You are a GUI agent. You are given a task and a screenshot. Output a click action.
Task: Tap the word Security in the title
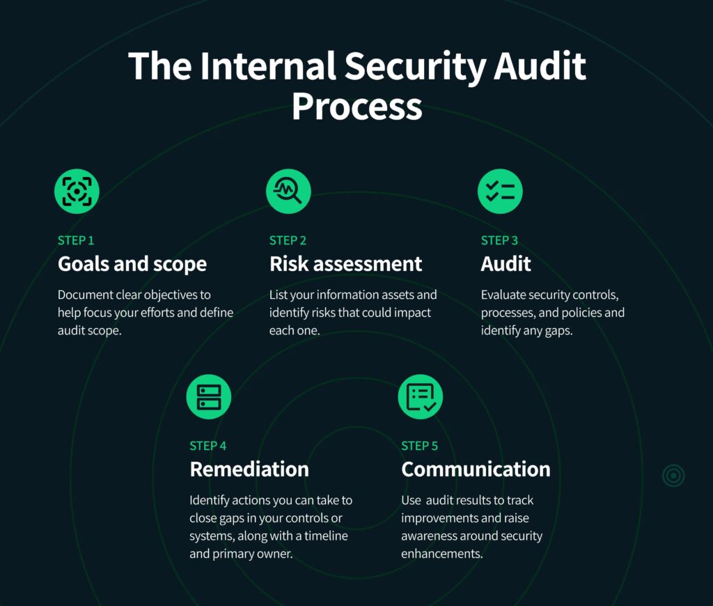415,68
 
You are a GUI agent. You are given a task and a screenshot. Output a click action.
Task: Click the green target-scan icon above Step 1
77,191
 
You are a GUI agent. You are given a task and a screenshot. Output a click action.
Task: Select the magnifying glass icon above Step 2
288,191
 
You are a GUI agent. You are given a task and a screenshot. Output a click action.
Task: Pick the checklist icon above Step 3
500,191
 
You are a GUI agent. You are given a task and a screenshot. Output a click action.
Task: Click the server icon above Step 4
209,397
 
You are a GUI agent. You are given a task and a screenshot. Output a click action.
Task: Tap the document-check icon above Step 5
421,397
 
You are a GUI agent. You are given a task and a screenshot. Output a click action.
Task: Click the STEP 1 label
76,240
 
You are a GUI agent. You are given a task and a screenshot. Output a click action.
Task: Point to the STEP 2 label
288,240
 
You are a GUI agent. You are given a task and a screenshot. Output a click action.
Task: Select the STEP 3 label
499,240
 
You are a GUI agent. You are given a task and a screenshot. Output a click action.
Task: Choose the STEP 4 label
207,446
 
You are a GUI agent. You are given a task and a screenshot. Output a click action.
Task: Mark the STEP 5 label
419,446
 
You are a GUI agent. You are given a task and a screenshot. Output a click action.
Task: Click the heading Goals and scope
132,265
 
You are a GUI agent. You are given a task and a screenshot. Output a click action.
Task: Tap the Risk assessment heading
345,264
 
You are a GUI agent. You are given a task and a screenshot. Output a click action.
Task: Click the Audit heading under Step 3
506,264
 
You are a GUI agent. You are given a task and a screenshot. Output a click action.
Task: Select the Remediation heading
249,469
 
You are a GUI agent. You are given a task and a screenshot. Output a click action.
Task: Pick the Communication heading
476,469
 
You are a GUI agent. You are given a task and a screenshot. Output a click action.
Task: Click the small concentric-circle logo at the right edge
673,476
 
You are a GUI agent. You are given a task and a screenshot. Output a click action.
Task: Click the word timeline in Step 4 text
326,536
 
